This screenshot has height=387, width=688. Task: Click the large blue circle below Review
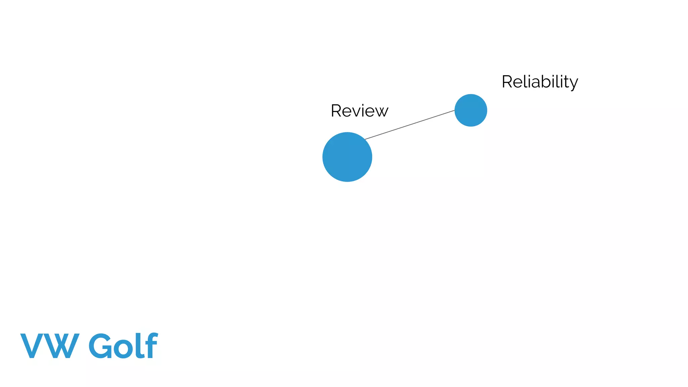coord(347,157)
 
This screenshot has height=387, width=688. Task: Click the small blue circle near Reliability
coord(471,110)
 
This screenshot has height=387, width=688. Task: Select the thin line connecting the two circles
coord(410,125)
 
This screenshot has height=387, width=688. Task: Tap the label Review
coord(359,111)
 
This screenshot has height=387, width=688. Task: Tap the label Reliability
coord(540,82)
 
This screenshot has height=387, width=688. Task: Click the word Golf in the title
coord(123,346)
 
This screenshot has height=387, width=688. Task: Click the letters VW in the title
coord(50,346)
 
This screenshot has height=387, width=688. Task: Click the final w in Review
coord(381,112)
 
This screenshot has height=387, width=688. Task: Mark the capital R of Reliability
coord(507,82)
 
